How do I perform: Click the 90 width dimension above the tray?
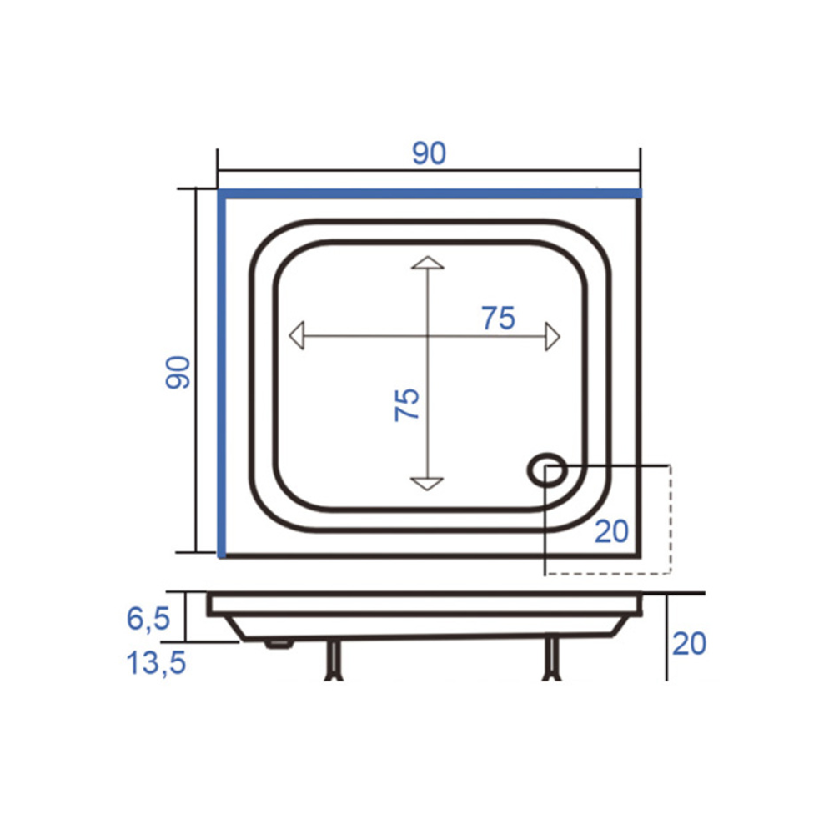429,153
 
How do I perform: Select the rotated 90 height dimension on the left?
178,372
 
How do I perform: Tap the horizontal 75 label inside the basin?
499,318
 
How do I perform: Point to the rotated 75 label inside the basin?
407,404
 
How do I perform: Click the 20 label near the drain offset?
611,530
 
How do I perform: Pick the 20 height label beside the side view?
690,643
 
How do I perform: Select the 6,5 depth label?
148,619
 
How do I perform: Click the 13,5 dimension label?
156,663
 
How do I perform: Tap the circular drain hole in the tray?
547,470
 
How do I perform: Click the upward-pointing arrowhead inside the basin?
427,262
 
